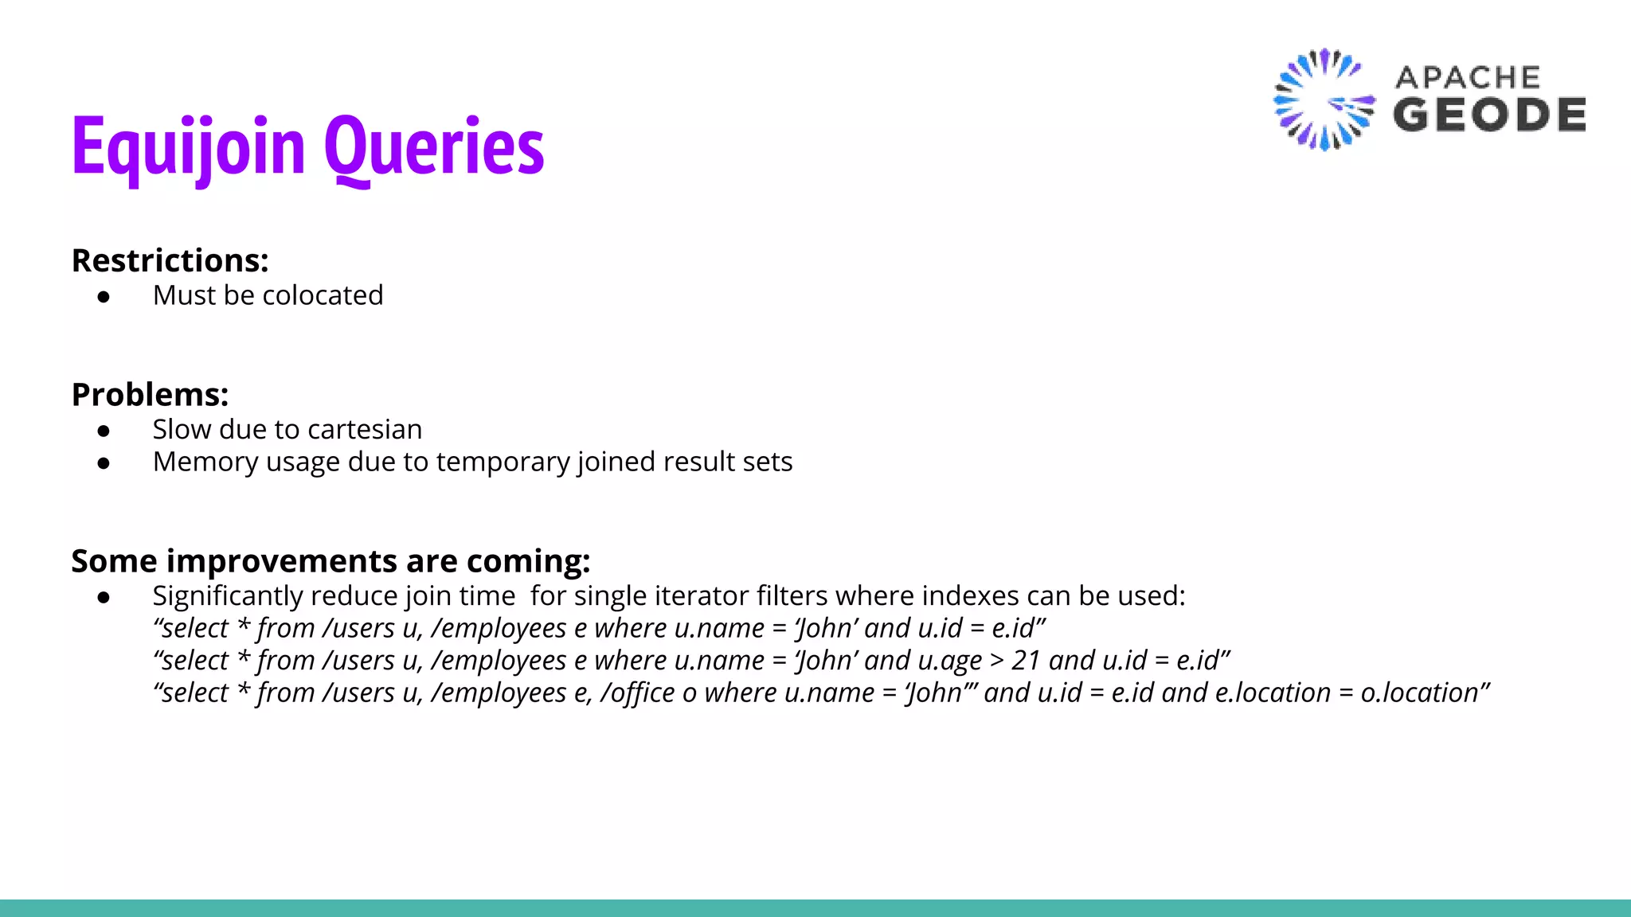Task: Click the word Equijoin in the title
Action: click(x=189, y=147)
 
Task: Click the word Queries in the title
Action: click(x=434, y=147)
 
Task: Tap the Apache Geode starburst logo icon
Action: click(x=1324, y=100)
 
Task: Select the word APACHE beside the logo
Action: click(x=1468, y=77)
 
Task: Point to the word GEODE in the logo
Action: click(x=1489, y=115)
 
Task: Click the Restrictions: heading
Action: click(x=170, y=261)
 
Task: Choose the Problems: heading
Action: click(x=151, y=395)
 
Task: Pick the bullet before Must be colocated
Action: click(x=104, y=297)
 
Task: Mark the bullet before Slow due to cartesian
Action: click(x=104, y=431)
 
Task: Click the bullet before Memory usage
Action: click(x=104, y=463)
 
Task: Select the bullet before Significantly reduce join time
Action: click(x=104, y=597)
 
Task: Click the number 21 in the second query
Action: click(x=1026, y=661)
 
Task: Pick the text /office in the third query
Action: click(x=638, y=693)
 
